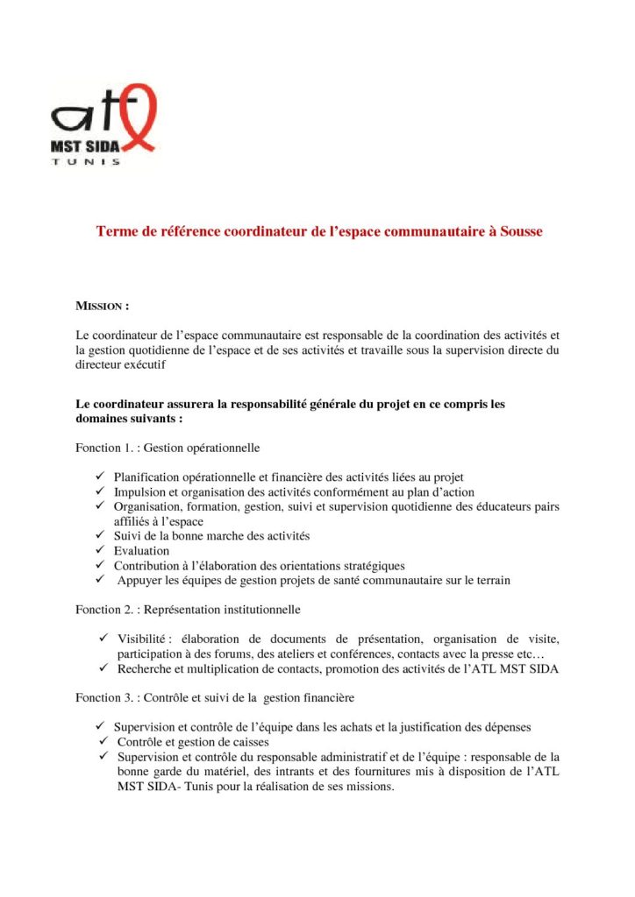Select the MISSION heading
[103, 307]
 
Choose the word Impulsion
[140, 491]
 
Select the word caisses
[249, 742]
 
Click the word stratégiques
[370, 565]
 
